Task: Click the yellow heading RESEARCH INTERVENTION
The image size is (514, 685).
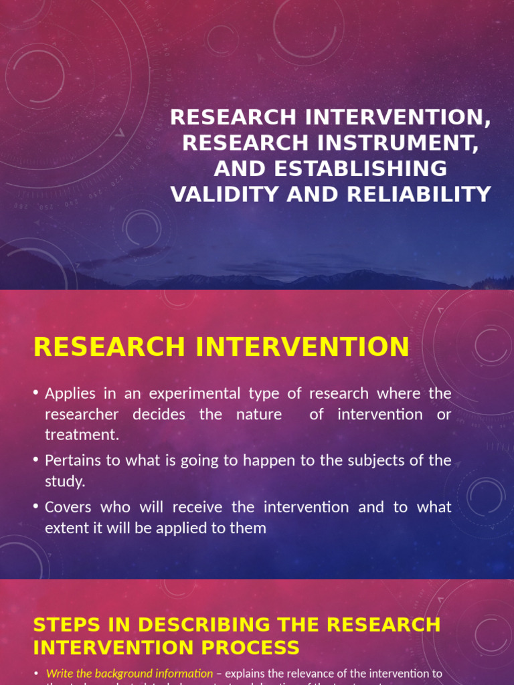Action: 221,347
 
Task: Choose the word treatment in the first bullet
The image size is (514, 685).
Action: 81,435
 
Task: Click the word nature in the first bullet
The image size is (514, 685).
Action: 259,414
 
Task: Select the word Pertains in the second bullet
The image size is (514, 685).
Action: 72,460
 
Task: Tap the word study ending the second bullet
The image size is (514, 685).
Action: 64,482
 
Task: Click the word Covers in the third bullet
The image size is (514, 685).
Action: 68,507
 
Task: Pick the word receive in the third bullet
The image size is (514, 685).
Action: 225,507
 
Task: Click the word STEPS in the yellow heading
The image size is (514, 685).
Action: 66,625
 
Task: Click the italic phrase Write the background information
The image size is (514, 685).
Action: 129,674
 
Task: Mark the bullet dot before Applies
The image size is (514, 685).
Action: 36,393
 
